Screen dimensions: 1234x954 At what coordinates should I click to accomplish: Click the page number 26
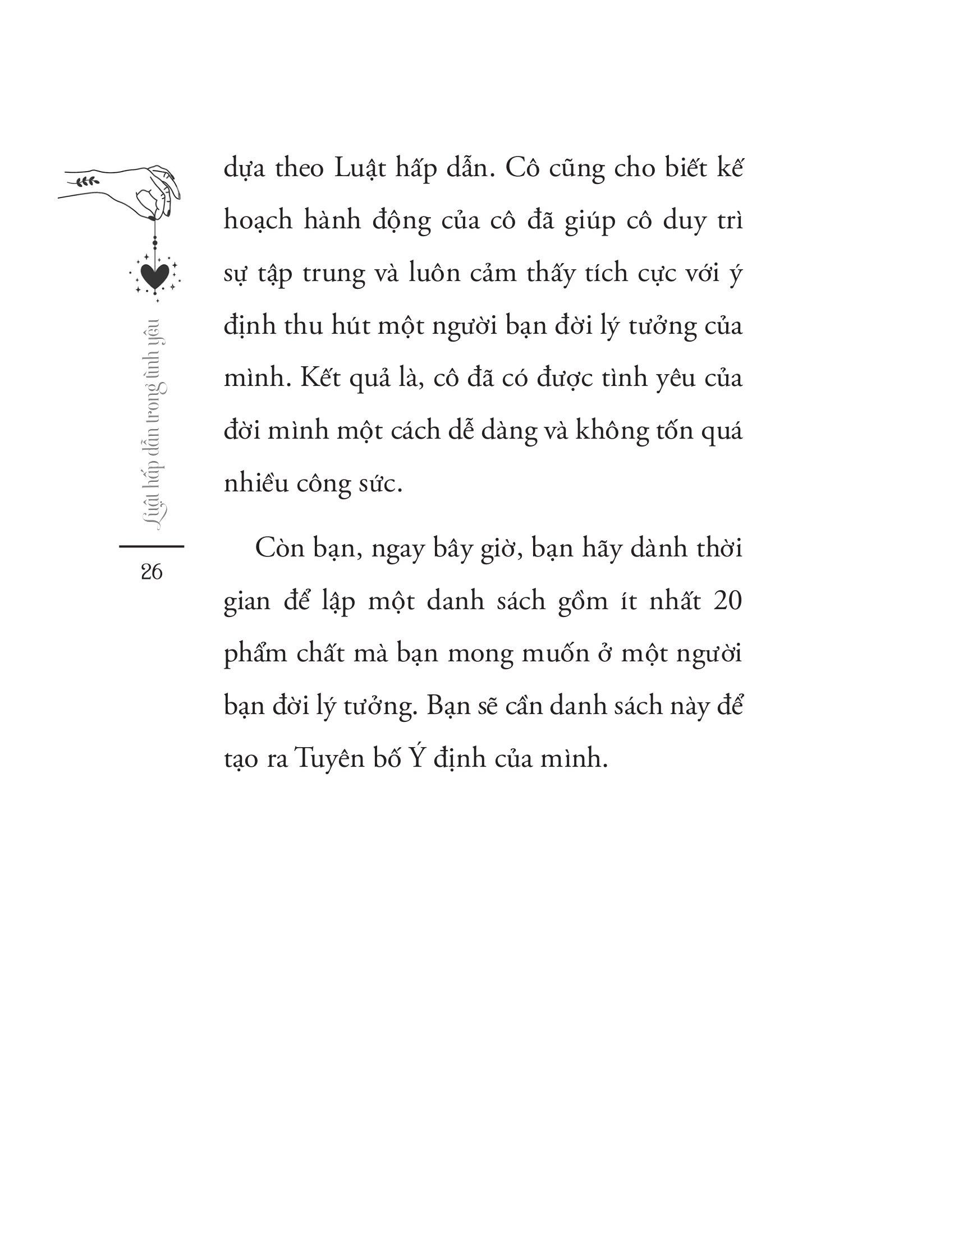pos(152,572)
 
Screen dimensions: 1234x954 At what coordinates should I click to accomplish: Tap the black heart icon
pos(154,275)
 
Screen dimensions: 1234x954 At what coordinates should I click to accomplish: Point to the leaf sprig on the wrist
pos(86,181)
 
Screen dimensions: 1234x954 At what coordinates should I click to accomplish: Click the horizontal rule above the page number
pos(152,546)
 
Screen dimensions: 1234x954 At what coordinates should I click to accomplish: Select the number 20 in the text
pos(727,601)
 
